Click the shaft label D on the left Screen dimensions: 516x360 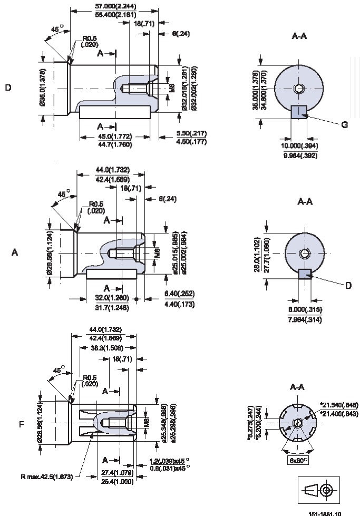point(8,87)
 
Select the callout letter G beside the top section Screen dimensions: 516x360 point(344,125)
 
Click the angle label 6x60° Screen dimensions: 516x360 point(299,460)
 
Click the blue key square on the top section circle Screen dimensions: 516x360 point(299,112)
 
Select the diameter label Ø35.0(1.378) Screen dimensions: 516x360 point(42,87)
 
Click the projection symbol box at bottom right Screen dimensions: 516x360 point(319,490)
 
